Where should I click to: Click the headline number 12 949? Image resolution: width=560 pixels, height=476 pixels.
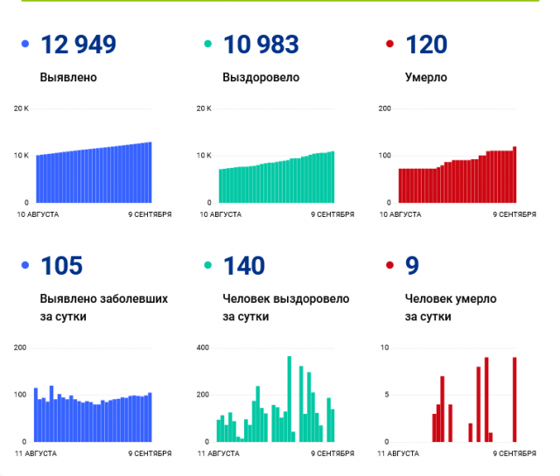coord(79,44)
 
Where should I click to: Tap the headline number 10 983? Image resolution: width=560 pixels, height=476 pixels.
coord(261,44)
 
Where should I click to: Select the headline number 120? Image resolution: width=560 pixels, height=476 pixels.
coord(426,44)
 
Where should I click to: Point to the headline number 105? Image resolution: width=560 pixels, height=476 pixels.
coord(61,265)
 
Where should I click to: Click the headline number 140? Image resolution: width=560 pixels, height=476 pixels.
coord(244,265)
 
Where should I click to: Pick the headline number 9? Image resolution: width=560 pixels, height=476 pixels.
coord(412,265)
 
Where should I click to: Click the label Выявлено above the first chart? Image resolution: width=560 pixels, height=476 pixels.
coord(68,77)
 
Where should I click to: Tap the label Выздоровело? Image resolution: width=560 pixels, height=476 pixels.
coord(261,77)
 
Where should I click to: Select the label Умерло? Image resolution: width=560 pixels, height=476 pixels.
coord(426,77)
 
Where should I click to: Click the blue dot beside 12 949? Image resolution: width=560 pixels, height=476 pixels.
coord(24,44)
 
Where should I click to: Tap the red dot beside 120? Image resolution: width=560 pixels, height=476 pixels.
coord(389,44)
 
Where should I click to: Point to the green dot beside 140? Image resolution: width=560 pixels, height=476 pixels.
coord(207,265)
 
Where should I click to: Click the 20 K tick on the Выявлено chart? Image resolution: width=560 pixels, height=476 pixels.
coord(21,108)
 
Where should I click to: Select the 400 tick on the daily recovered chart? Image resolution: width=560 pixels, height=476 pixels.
coord(204,348)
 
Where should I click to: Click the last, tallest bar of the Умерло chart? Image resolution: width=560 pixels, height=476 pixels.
coord(514,174)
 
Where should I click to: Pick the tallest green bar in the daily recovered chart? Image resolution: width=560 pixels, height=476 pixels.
coord(290,399)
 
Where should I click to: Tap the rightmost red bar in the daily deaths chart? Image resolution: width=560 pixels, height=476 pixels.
coord(514,399)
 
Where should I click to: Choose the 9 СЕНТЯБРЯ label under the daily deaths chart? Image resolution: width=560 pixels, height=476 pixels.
coord(514,453)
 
